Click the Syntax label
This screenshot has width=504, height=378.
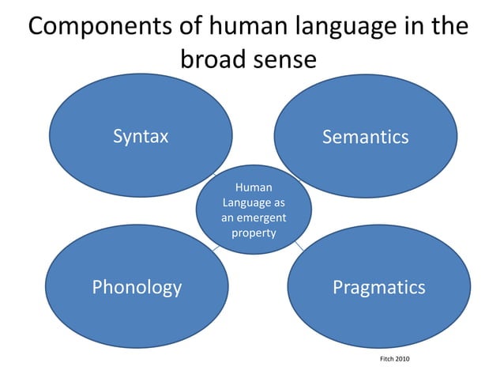point(141,136)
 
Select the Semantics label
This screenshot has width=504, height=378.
point(365,137)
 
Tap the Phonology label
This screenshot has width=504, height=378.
point(137,287)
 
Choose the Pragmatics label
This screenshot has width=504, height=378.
point(378,287)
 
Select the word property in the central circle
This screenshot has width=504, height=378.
point(254,232)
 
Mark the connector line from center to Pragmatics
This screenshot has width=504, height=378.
point(299,247)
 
